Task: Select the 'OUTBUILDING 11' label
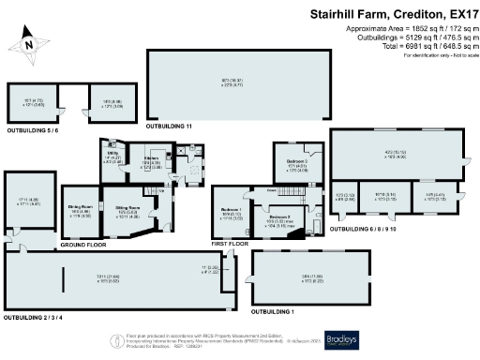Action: coord(170,125)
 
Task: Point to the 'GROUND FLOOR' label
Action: coord(81,244)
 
